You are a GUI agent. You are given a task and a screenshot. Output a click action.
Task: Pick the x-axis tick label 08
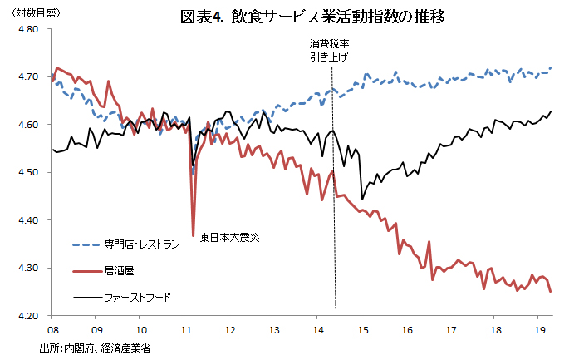52,329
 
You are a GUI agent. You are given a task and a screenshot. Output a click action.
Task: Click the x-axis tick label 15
362,329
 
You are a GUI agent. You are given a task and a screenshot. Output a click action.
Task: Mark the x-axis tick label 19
538,329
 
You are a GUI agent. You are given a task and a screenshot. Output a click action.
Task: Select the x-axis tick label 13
273,329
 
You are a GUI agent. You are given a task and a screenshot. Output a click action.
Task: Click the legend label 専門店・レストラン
142,244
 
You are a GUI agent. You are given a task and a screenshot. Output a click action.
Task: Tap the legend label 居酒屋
120,270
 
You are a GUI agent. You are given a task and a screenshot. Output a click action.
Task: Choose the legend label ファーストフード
137,297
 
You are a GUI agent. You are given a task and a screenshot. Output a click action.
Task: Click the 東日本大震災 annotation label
230,238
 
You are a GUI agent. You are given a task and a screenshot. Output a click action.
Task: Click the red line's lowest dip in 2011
194,235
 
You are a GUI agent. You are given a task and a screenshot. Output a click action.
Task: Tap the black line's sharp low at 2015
362,200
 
